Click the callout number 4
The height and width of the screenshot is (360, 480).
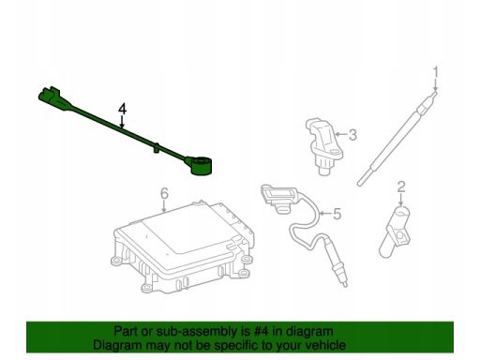click(123, 109)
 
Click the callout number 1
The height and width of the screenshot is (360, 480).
click(435, 72)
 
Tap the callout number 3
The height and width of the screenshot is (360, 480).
click(352, 135)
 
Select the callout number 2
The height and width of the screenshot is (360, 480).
click(401, 187)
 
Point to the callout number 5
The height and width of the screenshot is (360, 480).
click(337, 214)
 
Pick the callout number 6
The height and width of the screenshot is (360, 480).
click(164, 193)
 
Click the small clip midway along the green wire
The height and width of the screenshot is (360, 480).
click(157, 147)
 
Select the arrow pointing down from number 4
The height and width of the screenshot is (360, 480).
click(122, 122)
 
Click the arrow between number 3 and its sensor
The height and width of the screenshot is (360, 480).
click(341, 135)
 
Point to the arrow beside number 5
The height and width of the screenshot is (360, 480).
click(325, 214)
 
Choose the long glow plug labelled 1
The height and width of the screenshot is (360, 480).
click(397, 138)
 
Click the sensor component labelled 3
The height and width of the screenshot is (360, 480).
click(323, 146)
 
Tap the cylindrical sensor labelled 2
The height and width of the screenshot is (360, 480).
click(395, 232)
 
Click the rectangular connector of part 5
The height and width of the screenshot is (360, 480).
click(278, 198)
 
